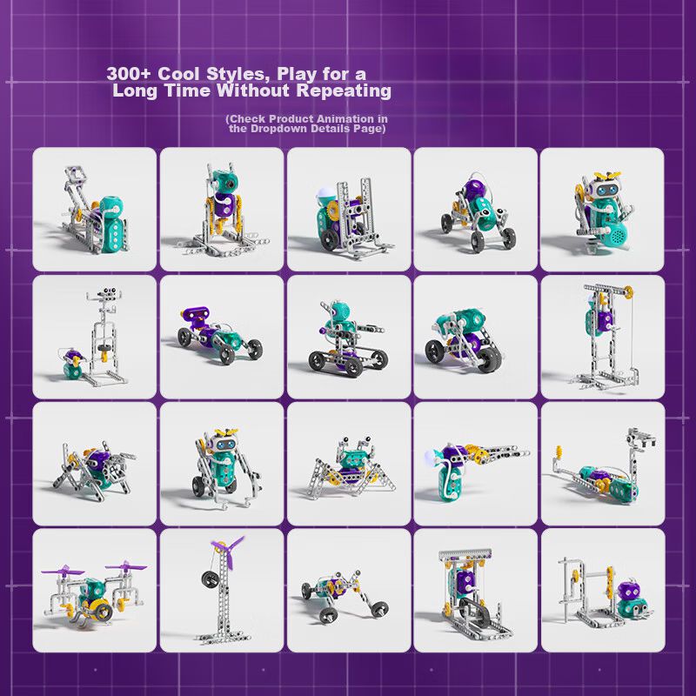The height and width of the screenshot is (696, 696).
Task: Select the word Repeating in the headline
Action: tap(344, 90)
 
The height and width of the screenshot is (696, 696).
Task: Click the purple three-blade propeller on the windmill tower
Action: tap(228, 552)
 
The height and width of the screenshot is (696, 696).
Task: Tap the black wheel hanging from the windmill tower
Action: tap(210, 579)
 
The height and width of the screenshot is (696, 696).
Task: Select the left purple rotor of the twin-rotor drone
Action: tap(63, 570)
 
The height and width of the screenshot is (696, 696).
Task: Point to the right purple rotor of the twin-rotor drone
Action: tap(125, 566)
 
